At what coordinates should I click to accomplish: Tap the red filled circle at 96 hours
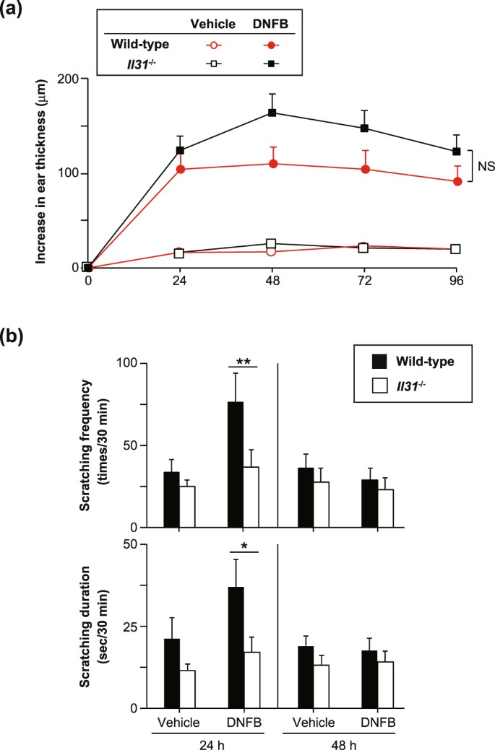(x=457, y=181)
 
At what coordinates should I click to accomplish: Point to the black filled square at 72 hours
(x=365, y=128)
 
